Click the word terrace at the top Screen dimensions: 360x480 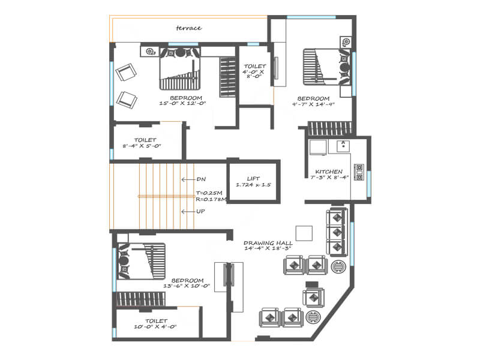pyautogui.click(x=188, y=28)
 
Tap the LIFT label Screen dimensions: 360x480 pyautogui.click(x=253, y=178)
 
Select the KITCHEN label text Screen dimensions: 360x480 pyautogui.click(x=329, y=172)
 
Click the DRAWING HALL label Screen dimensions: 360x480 pyautogui.click(x=267, y=244)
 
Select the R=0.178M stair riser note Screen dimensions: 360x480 pyautogui.click(x=210, y=199)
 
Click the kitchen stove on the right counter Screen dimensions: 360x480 pyautogui.click(x=359, y=172)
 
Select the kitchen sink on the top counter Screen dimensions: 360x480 pyautogui.click(x=343, y=145)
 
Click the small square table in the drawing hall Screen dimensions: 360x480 pyautogui.click(x=304, y=233)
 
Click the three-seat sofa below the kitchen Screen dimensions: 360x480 pyautogui.click(x=337, y=231)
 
